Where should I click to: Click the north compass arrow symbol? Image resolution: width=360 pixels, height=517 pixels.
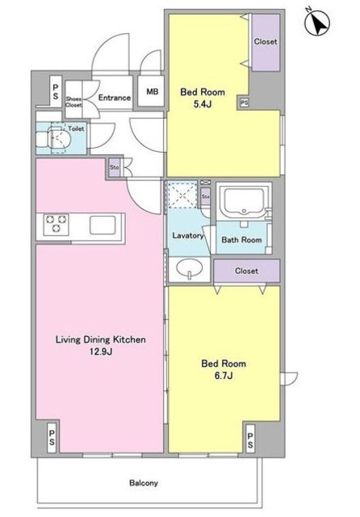click(317, 23)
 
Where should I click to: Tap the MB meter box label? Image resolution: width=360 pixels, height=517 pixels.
click(153, 91)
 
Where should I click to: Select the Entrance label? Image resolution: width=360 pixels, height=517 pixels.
click(115, 98)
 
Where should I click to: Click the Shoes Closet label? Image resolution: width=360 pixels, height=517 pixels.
click(73, 102)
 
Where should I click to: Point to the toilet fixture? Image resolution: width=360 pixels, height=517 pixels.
click(53, 139)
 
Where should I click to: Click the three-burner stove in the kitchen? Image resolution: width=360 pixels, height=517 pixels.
click(56, 225)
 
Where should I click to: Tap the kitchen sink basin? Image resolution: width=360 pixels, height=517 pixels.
click(103, 225)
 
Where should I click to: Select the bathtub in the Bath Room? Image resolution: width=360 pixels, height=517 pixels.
click(244, 201)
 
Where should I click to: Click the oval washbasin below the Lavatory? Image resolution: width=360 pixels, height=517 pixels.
click(189, 267)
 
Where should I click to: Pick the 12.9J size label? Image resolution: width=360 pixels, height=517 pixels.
click(101, 351)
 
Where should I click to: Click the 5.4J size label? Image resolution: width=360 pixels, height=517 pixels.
click(203, 104)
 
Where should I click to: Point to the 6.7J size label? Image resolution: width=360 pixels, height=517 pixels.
click(224, 376)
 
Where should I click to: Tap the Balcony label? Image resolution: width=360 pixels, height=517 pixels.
click(144, 483)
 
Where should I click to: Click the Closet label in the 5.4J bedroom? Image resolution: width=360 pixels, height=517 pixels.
click(266, 41)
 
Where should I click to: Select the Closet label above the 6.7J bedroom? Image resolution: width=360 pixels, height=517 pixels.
click(246, 271)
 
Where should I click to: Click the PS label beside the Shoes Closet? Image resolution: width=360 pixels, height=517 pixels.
click(56, 92)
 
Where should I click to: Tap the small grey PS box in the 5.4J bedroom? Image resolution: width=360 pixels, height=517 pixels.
click(244, 103)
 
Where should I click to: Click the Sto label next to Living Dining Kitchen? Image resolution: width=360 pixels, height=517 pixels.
click(115, 167)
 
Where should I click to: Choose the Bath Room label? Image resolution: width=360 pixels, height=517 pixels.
click(241, 240)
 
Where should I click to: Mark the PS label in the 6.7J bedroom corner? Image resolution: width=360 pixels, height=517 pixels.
click(250, 441)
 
